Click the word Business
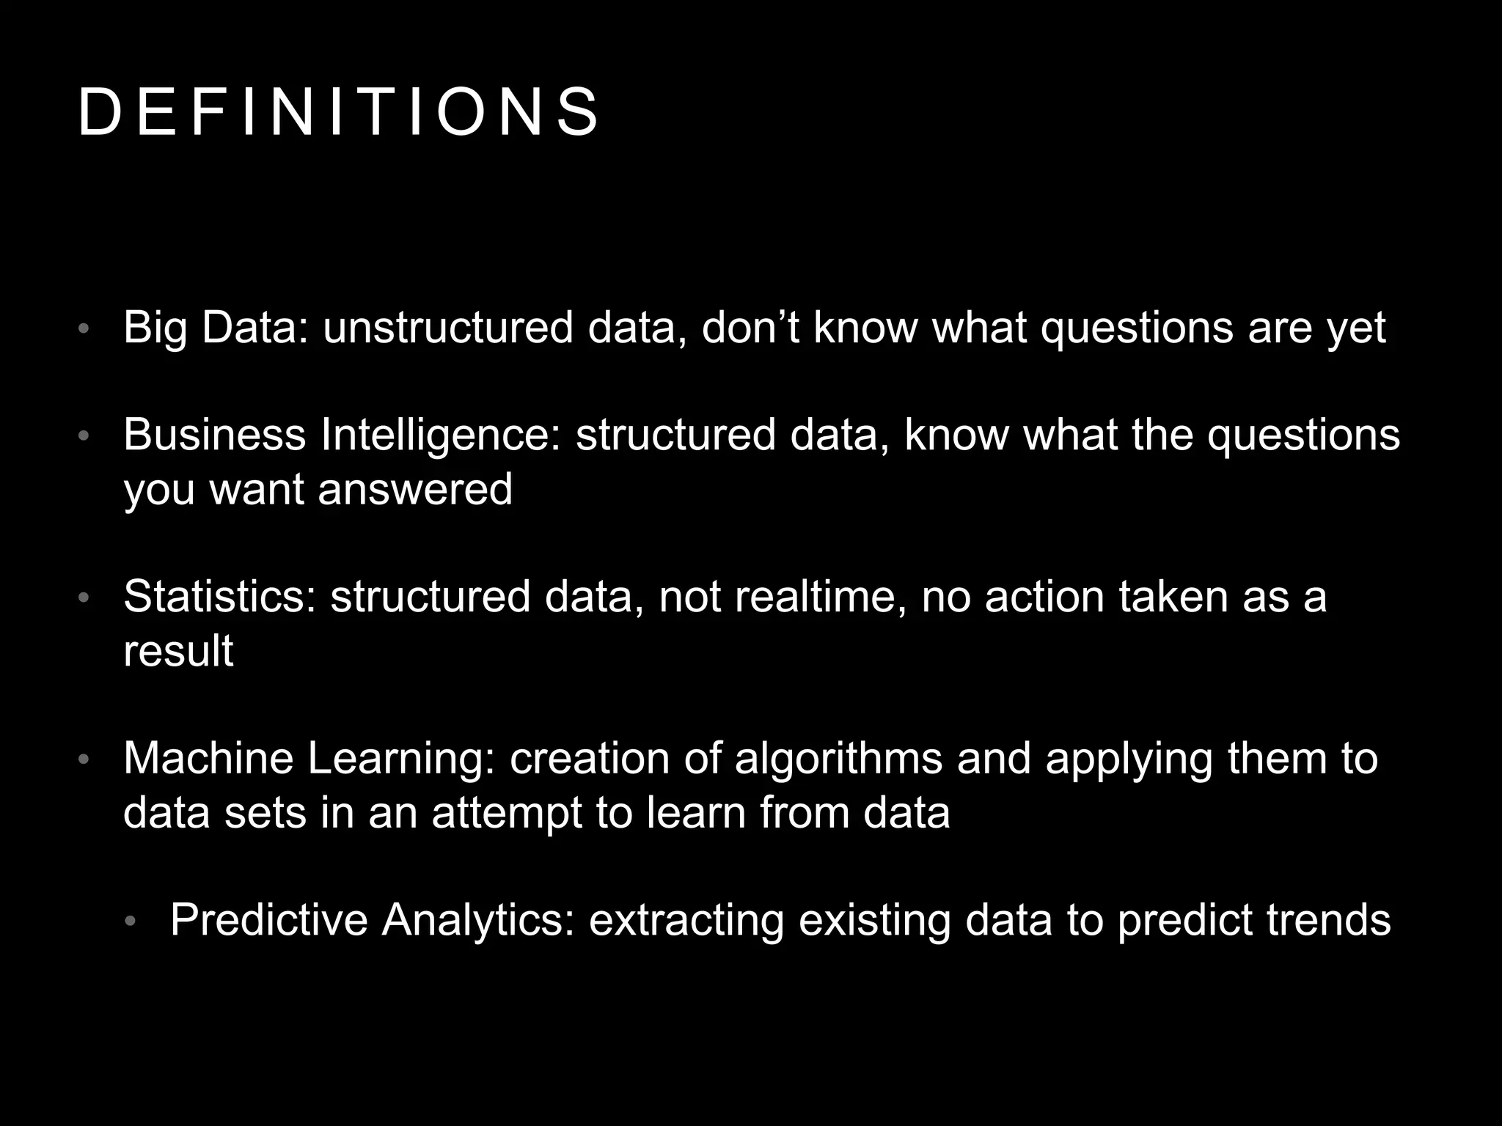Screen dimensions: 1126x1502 [214, 435]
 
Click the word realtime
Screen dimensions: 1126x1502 [819, 596]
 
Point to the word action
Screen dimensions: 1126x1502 [1044, 596]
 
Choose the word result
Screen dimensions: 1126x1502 [178, 650]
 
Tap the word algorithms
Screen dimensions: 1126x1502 [838, 759]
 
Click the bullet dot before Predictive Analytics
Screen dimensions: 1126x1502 [131, 921]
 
